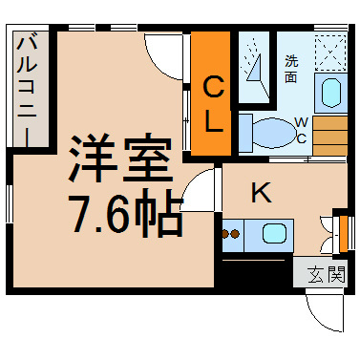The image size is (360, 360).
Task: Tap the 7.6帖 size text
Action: (127, 213)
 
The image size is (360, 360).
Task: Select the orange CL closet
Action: (211, 94)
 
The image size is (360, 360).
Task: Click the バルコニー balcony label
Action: (27, 92)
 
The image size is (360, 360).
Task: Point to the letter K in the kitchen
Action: (262, 192)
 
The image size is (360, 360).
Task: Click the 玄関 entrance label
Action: (327, 274)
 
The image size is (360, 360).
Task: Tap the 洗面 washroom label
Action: (291, 69)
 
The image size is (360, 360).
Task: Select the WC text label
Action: (301, 130)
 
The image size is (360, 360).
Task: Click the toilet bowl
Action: (273, 133)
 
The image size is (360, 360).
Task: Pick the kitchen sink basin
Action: (274, 234)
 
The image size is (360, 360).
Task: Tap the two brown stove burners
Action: (230, 234)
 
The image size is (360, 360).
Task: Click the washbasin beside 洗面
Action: (331, 93)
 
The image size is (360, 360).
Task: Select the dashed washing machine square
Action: (330, 53)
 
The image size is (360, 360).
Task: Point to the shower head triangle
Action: (254, 68)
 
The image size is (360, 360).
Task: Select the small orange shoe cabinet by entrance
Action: (344, 233)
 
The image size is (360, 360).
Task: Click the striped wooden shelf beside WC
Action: (329, 136)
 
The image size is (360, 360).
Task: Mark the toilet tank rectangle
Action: (245, 133)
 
